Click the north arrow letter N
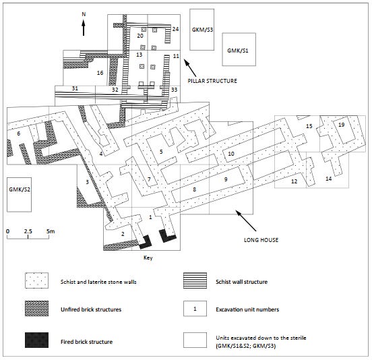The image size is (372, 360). pyautogui.click(x=84, y=13)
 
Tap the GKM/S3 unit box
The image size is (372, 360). pyautogui.click(x=202, y=30)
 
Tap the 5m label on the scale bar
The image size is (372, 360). pyautogui.click(x=50, y=231)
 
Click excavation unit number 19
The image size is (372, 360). pyautogui.click(x=342, y=125)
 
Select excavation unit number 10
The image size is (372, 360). pyautogui.click(x=230, y=154)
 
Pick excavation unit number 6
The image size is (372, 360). pyautogui.click(x=19, y=133)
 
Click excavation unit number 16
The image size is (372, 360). pyautogui.click(x=100, y=73)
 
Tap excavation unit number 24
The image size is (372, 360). pyautogui.click(x=175, y=29)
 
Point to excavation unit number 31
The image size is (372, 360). pyautogui.click(x=75, y=89)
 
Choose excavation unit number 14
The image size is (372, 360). pyautogui.click(x=328, y=179)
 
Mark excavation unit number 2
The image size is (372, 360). pyautogui.click(x=123, y=233)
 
